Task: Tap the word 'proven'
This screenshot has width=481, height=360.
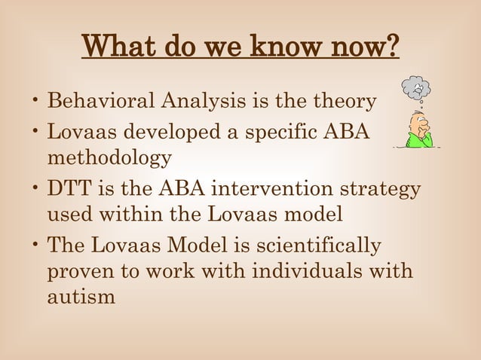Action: tap(82, 272)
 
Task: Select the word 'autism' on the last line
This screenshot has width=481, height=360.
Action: tap(82, 298)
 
